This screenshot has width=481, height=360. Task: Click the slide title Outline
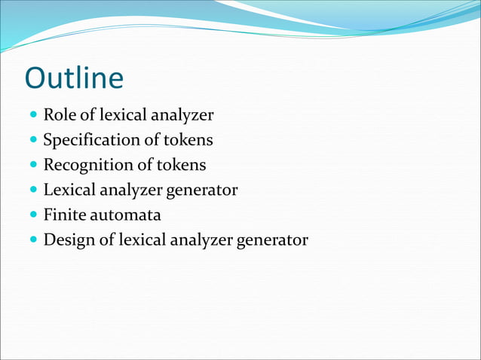coord(74,79)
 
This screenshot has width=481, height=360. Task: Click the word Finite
coord(62,215)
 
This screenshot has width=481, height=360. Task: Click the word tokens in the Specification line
coord(188,140)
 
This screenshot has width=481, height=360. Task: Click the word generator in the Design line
coord(272,240)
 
